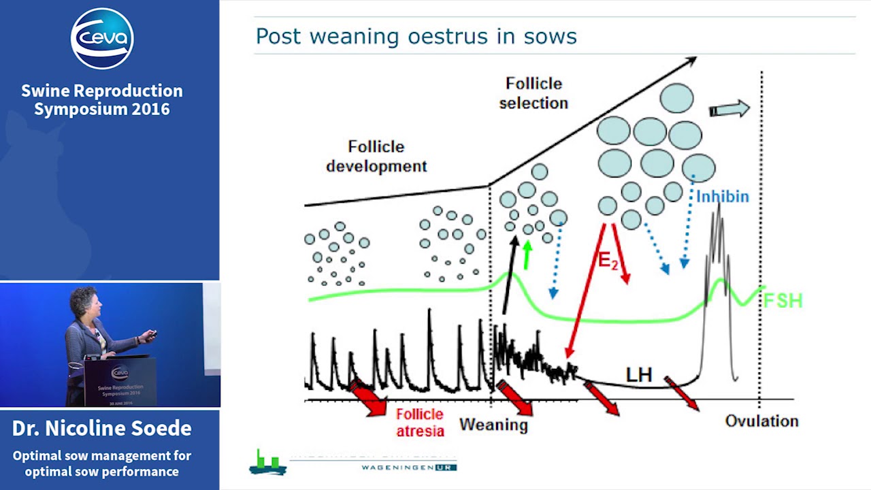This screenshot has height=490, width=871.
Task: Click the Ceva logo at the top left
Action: point(102,38)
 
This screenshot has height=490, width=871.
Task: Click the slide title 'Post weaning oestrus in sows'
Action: point(416,36)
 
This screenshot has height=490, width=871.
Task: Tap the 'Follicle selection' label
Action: point(533,93)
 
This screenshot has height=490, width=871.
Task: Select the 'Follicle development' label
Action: point(376,156)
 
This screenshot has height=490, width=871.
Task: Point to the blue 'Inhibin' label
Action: point(722,197)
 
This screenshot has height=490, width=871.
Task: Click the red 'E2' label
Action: point(608,260)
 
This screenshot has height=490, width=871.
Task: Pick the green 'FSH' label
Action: point(783,300)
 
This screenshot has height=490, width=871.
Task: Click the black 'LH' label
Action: point(639,374)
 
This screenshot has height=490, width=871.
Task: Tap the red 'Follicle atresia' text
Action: point(420,422)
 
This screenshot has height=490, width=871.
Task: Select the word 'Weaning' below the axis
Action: point(493,425)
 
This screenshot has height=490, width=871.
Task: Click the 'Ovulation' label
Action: point(761,421)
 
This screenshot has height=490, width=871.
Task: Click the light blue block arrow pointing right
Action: point(729,109)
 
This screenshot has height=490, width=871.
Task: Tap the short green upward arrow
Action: point(526,255)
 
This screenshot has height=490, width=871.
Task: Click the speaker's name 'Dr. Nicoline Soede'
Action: point(102,428)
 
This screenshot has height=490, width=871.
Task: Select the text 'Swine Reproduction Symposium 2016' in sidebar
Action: point(102,99)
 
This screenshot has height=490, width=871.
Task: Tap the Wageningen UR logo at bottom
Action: point(354,462)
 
